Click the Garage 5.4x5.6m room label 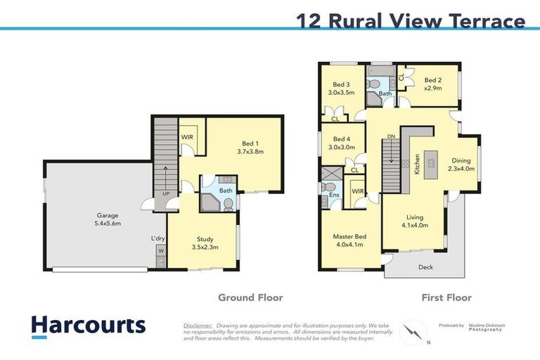click(108, 219)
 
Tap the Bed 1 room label click(250, 146)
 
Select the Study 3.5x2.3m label click(205, 243)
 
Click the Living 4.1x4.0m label click(413, 221)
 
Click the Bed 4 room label click(341, 143)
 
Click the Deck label click(426, 266)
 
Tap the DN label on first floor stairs click(391, 136)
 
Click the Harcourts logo click(88, 325)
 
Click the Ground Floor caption click(250, 297)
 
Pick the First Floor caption click(446, 297)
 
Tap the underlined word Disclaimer click(198, 326)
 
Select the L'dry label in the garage click(157, 238)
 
